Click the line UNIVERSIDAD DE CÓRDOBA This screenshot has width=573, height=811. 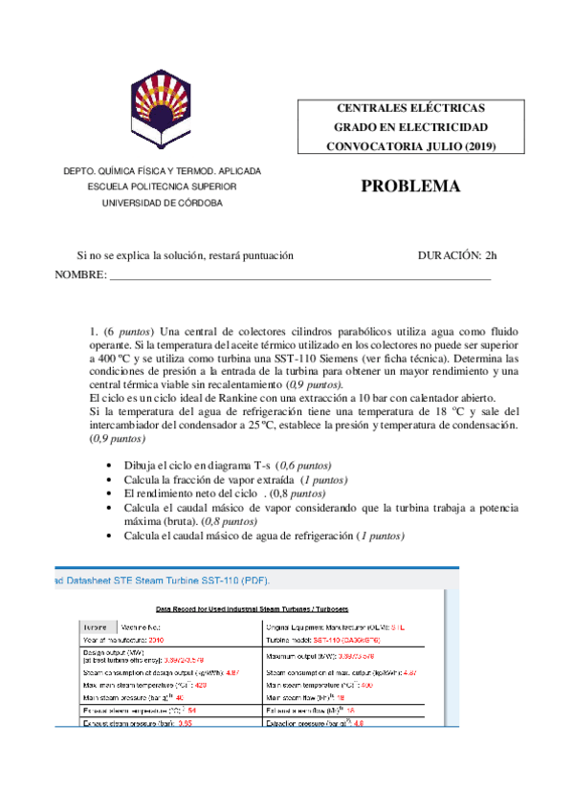tap(162, 204)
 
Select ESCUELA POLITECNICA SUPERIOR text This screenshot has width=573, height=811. tap(162, 187)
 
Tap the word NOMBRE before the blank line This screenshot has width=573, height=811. tap(80, 275)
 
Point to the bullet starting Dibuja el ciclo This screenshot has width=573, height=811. tap(239, 466)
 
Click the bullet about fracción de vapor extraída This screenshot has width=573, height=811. tap(235, 480)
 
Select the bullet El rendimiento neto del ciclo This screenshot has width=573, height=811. tap(225, 493)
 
